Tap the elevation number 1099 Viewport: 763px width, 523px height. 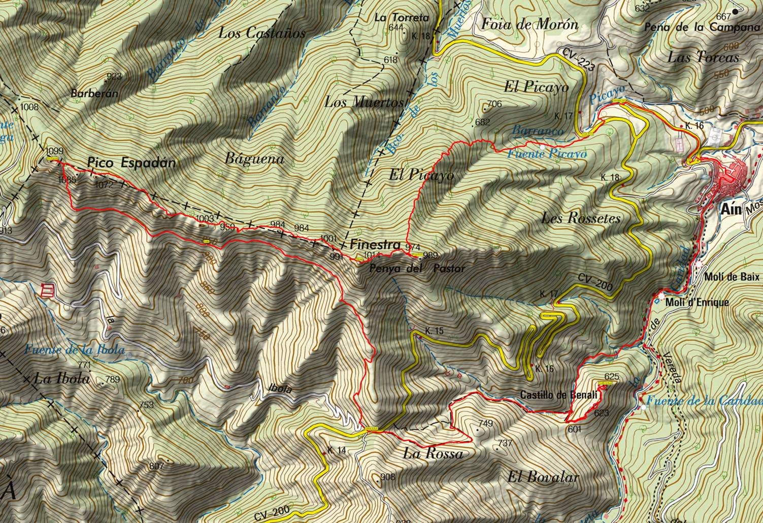pos(53,151)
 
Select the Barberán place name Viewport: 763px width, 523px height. pos(94,93)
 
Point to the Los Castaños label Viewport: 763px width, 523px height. pos(262,34)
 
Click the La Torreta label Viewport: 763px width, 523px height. pos(402,17)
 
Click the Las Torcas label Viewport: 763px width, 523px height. pos(703,57)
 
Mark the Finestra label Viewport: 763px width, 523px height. pos(375,244)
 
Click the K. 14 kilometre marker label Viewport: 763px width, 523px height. pos(337,450)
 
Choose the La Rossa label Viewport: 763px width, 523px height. pos(433,453)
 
